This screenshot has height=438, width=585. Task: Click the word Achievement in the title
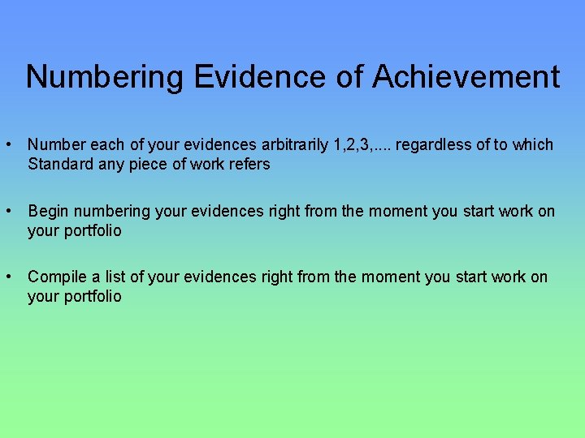(466, 77)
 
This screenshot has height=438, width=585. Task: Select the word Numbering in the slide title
(105, 77)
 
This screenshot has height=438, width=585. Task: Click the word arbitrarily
(291, 145)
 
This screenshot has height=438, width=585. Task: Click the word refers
(249, 165)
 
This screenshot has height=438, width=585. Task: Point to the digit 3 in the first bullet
(362, 145)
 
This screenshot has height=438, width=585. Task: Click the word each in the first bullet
(107, 145)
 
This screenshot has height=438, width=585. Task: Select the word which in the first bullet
(533, 145)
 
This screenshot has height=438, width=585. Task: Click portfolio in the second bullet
(92, 231)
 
